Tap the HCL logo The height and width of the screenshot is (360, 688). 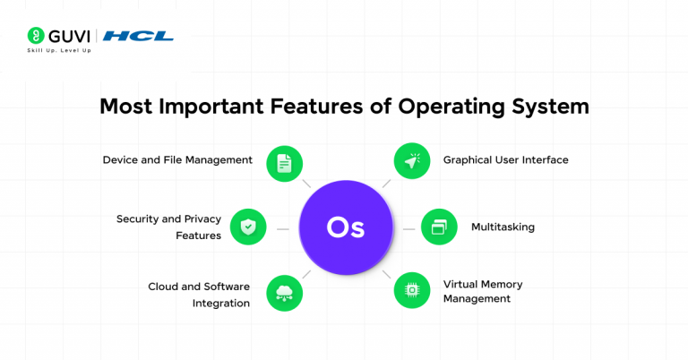pyautogui.click(x=138, y=37)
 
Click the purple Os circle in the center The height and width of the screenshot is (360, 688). pyautogui.click(x=345, y=227)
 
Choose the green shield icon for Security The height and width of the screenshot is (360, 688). pyautogui.click(x=248, y=227)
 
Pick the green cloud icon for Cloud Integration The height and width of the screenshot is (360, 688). pyautogui.click(x=284, y=291)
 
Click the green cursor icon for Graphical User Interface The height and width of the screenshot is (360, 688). pyautogui.click(x=412, y=163)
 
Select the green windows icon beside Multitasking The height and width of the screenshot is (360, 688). pyautogui.click(x=439, y=227)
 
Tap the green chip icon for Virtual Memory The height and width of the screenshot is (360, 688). pyautogui.click(x=412, y=290)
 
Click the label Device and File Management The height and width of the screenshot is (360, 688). pyautogui.click(x=177, y=160)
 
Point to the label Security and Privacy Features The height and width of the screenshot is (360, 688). pyautogui.click(x=168, y=227)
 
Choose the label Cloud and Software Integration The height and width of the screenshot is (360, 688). pyautogui.click(x=199, y=295)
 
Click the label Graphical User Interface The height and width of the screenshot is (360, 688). pyautogui.click(x=505, y=160)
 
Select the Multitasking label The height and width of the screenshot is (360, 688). pyautogui.click(x=503, y=227)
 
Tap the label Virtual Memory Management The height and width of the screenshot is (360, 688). pyautogui.click(x=483, y=291)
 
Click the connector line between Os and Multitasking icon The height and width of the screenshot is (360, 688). pyautogui.click(x=408, y=228)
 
